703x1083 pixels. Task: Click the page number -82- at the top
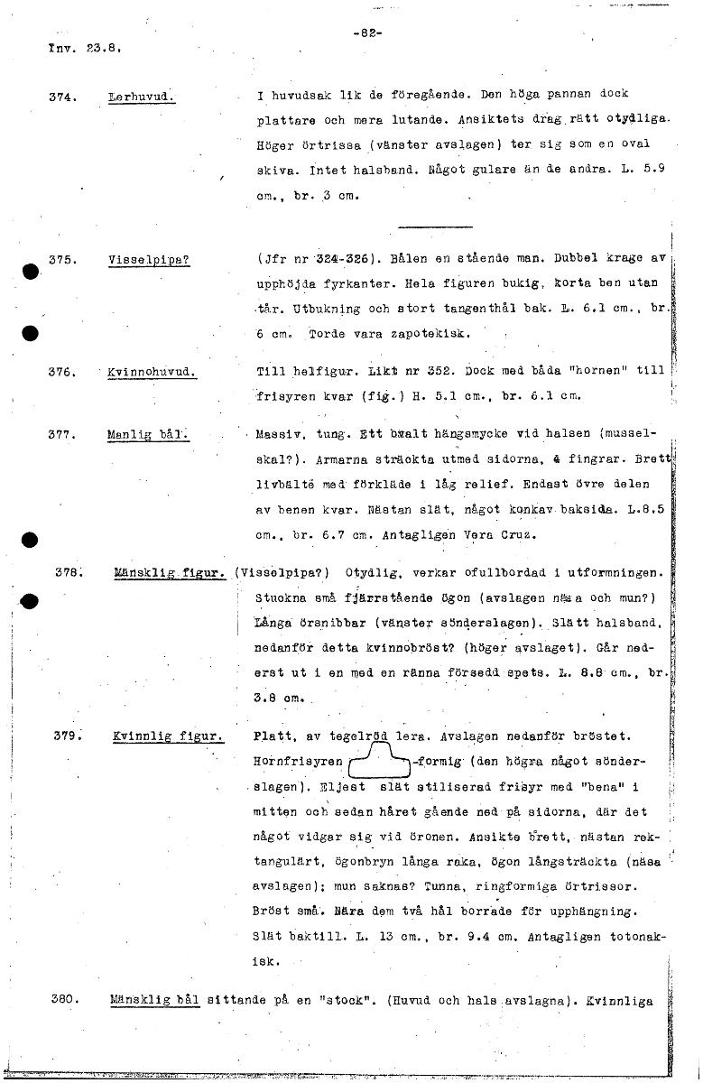[370, 33]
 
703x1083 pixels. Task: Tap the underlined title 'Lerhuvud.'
[140, 96]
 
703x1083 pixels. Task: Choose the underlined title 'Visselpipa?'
[149, 260]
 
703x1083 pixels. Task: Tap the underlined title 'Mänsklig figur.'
[170, 572]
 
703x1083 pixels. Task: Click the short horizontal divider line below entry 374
[435, 227]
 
